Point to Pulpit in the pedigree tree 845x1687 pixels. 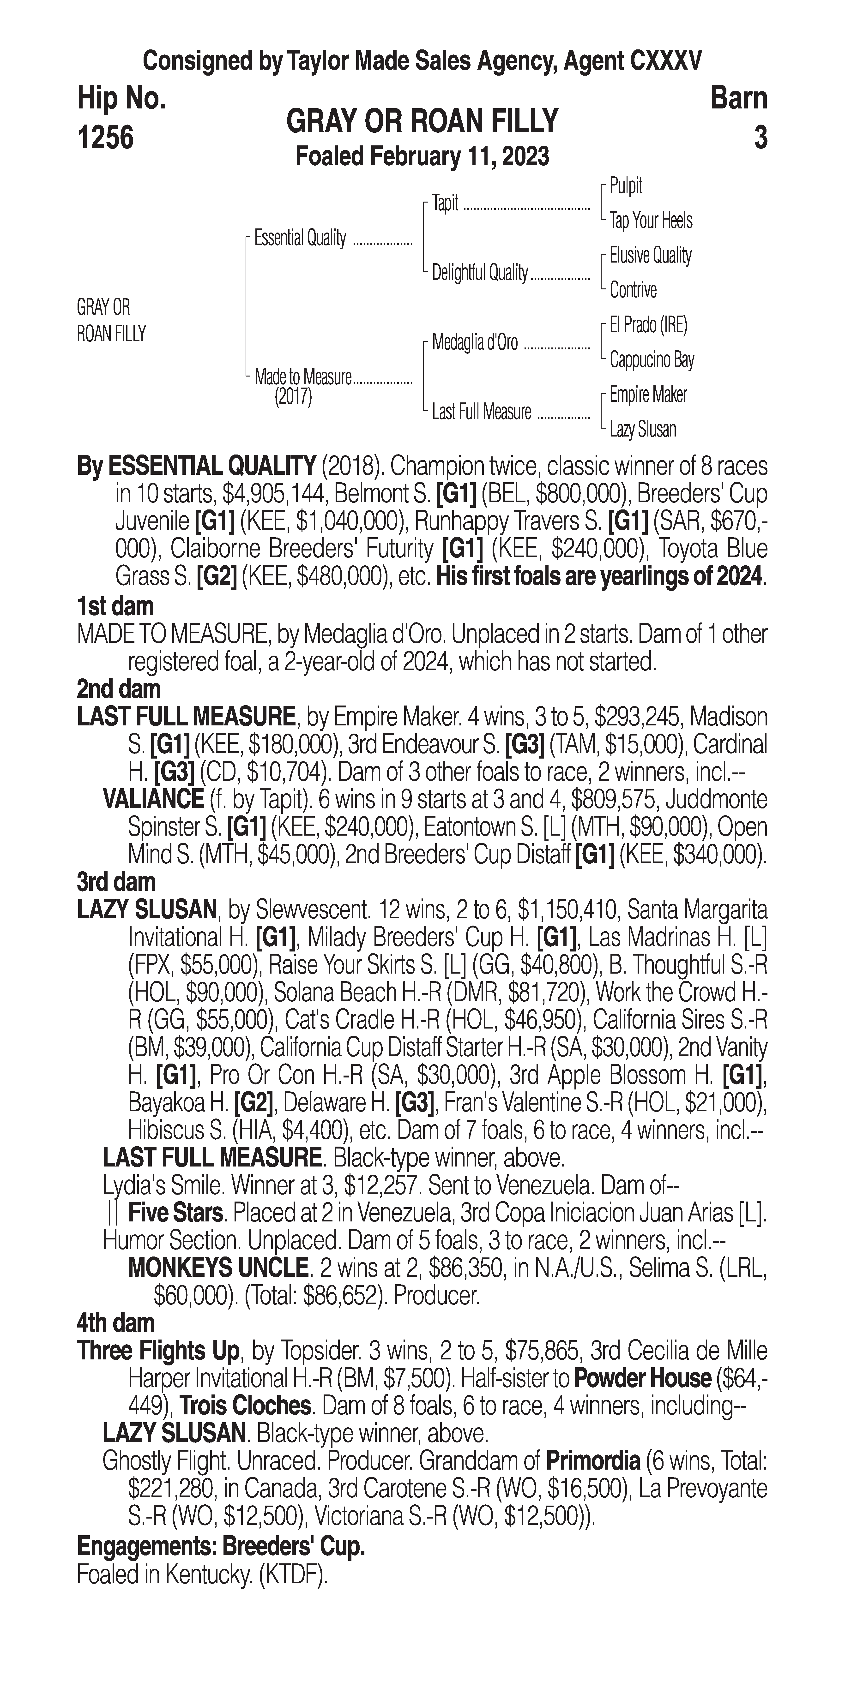626,186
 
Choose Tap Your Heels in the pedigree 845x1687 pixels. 651,221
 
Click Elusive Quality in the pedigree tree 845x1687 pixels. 650,255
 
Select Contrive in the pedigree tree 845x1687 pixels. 633,289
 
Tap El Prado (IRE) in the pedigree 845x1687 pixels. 648,325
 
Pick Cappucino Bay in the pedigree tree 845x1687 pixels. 651,359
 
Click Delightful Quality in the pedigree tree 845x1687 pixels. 479,272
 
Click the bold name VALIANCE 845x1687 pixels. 153,799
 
